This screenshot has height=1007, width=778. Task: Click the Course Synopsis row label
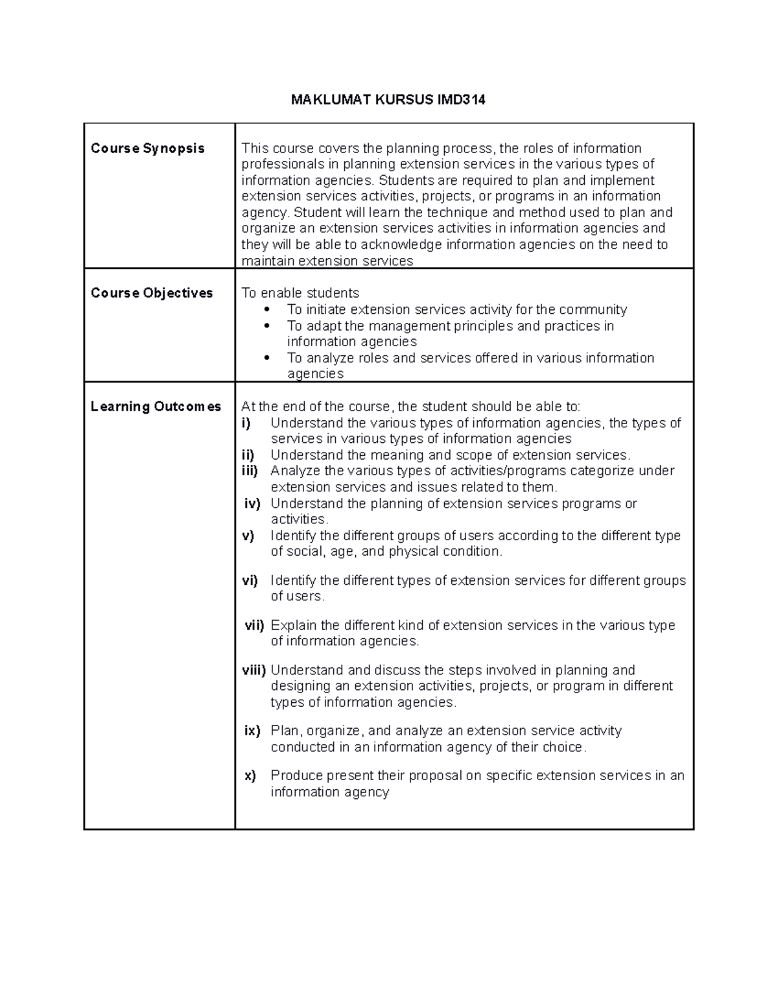[x=147, y=148]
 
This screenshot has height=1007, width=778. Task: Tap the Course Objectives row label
[x=152, y=293]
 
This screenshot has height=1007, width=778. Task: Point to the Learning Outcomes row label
[x=156, y=407]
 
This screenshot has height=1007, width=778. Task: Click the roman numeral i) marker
[x=246, y=423]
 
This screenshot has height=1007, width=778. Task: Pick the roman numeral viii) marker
[x=253, y=670]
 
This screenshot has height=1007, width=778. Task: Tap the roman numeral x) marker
[x=250, y=776]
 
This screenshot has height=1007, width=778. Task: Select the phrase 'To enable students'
[x=300, y=293]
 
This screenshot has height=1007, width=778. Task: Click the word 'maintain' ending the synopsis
[x=268, y=261]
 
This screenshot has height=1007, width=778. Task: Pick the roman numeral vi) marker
[x=250, y=581]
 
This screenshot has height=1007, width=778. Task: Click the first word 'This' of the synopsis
[x=254, y=148]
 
